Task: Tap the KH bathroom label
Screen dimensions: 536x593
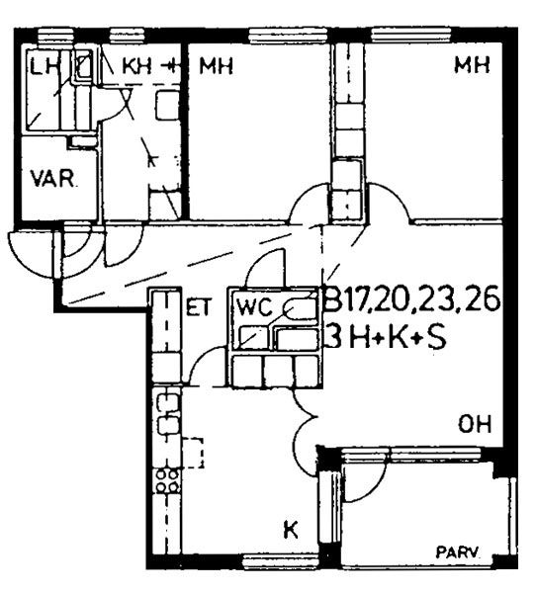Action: pos(136,66)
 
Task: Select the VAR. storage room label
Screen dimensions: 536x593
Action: pos(54,179)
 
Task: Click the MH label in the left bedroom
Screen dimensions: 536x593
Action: pos(217,66)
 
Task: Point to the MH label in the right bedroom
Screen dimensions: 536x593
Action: pos(473,64)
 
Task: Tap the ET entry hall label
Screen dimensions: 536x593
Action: pos(198,307)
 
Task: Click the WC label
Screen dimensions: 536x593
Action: pos(254,307)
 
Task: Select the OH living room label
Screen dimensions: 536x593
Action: pos(475,424)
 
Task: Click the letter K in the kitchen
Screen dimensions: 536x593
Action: pos(291,529)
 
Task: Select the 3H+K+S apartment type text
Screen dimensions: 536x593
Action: pos(386,338)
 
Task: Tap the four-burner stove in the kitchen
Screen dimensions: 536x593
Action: pos(168,480)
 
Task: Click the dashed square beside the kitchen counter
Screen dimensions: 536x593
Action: pos(194,453)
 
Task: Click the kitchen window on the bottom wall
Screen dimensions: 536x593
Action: pos(280,559)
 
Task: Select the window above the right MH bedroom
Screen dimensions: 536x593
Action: pos(411,35)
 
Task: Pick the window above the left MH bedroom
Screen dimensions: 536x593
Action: pos(288,35)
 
